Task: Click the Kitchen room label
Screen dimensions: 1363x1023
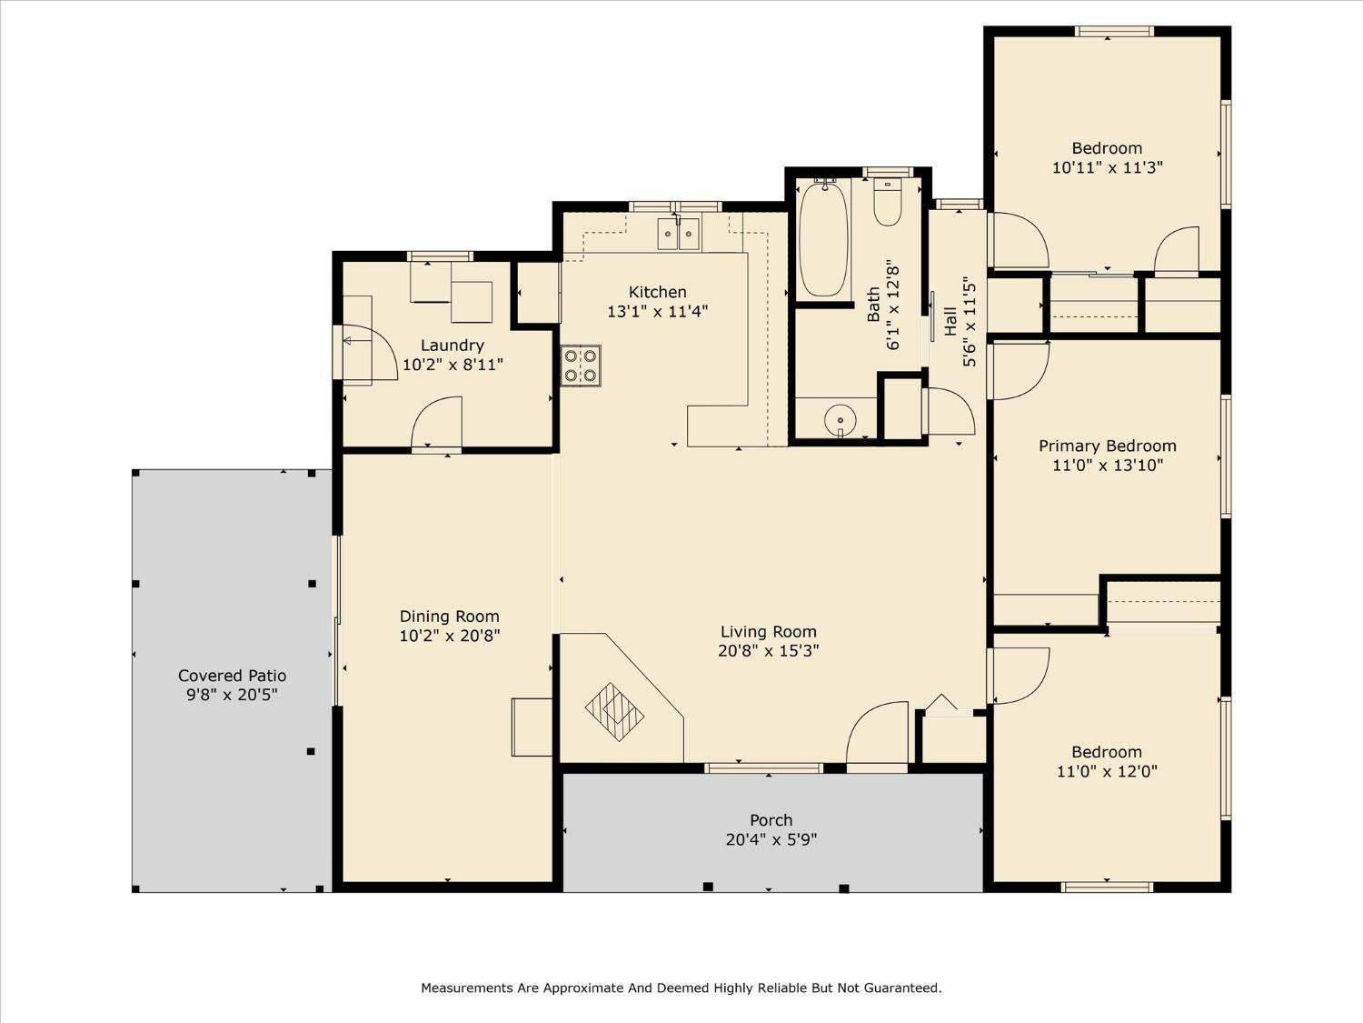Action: click(657, 292)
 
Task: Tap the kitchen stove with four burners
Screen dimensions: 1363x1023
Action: click(581, 366)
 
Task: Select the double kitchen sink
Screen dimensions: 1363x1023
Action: click(679, 234)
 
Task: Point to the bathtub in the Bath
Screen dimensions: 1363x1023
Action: click(822, 239)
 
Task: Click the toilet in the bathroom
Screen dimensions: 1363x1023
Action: click(888, 202)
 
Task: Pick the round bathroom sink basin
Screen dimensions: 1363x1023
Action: click(841, 419)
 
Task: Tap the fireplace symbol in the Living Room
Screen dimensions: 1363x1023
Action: click(614, 712)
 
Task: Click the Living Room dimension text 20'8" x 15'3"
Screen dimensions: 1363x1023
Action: click(768, 651)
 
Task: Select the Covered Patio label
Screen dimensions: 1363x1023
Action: click(232, 676)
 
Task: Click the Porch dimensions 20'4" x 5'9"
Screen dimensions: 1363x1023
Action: click(771, 839)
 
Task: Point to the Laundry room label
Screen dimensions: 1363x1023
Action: click(452, 346)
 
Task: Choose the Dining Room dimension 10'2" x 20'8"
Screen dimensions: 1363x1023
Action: click(450, 636)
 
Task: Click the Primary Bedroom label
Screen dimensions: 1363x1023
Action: click(1107, 446)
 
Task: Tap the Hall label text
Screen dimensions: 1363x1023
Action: click(950, 322)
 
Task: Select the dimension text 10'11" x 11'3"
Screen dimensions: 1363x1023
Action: click(1107, 167)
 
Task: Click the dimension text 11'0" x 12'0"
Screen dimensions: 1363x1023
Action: click(1107, 771)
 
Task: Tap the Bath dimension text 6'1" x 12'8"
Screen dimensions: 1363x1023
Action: click(892, 305)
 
